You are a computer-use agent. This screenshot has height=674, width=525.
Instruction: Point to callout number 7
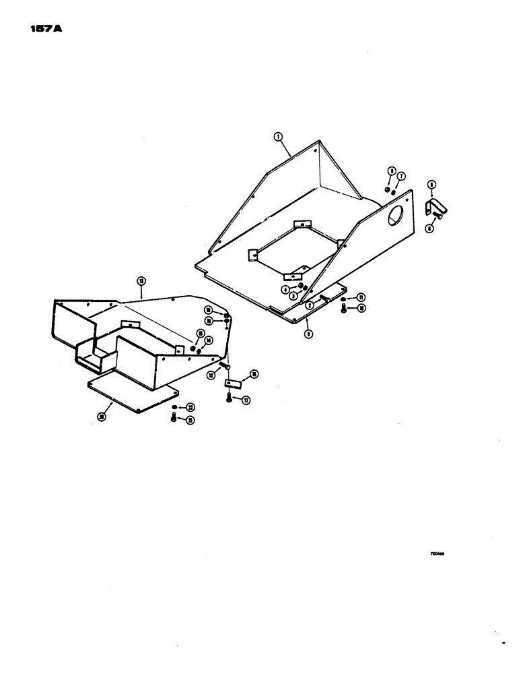click(401, 176)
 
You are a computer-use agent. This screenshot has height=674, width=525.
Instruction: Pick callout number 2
click(310, 305)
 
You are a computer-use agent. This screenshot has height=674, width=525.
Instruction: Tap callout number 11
click(361, 297)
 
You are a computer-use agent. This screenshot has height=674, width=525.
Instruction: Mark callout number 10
click(361, 309)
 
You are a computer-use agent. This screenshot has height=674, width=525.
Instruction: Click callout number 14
click(209, 340)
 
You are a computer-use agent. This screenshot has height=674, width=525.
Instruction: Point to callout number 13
click(211, 375)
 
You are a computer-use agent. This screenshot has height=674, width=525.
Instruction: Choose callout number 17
click(246, 400)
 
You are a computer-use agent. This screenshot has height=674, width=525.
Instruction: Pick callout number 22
click(190, 408)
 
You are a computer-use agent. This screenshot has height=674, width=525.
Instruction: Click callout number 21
click(190, 420)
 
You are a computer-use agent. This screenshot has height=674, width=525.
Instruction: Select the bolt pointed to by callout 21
click(174, 419)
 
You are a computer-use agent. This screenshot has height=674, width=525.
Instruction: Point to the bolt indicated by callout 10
click(344, 309)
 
